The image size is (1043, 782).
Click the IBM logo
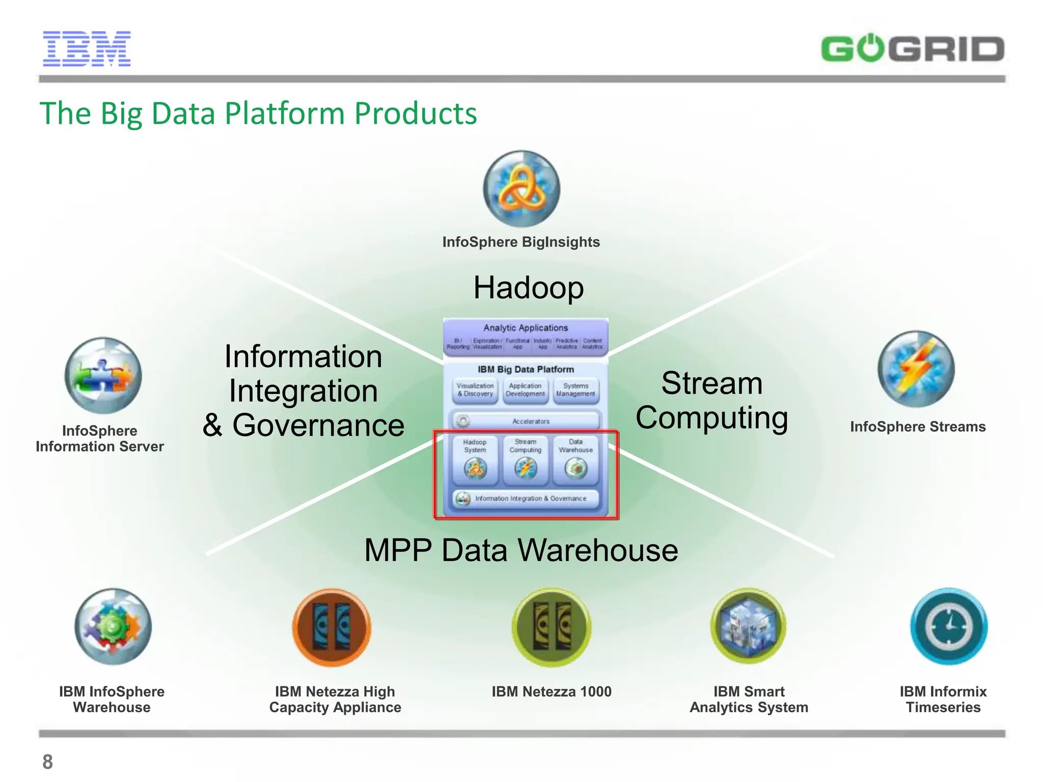tap(87, 49)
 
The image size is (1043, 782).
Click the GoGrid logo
tap(913, 49)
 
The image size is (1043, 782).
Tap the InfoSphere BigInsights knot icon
tap(521, 189)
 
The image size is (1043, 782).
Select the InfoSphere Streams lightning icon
tap(916, 369)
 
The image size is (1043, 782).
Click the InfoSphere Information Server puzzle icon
tap(103, 375)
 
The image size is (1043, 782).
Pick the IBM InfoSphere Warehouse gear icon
tap(113, 627)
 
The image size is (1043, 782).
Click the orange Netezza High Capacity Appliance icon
tap(332, 627)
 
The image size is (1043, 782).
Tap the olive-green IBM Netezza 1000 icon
tap(552, 627)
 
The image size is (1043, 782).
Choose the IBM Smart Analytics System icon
tap(749, 627)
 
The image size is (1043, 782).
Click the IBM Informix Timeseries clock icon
tap(949, 627)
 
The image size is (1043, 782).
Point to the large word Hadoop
tap(529, 288)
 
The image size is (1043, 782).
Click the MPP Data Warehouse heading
tap(521, 550)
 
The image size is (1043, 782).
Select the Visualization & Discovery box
tap(475, 390)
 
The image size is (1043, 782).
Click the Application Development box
tap(525, 390)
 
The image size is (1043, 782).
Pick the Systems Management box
tap(575, 390)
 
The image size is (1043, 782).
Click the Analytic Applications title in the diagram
tap(526, 328)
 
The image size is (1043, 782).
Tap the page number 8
tap(47, 762)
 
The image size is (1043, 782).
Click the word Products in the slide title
tap(416, 113)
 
